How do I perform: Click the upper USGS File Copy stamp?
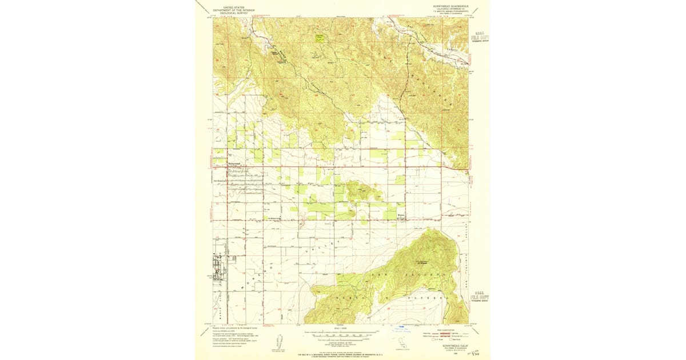coord(480,38)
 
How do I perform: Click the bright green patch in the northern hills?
coord(320,38)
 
